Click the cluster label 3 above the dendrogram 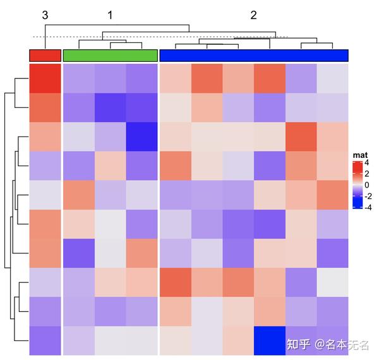[45, 15]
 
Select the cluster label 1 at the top [110, 15]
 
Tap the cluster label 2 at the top [254, 15]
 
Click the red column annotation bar [45, 56]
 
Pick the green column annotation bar [110, 56]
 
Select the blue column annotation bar [254, 56]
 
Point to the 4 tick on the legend [367, 164]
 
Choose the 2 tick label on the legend [367, 174]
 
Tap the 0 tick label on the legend [367, 184]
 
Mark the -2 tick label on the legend [368, 195]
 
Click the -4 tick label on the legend [368, 206]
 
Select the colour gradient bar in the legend [357, 184]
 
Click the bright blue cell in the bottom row [270, 340]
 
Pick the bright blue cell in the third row [141, 137]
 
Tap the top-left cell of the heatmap [45, 79]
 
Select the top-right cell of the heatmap [333, 79]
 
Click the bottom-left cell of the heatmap [45, 340]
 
